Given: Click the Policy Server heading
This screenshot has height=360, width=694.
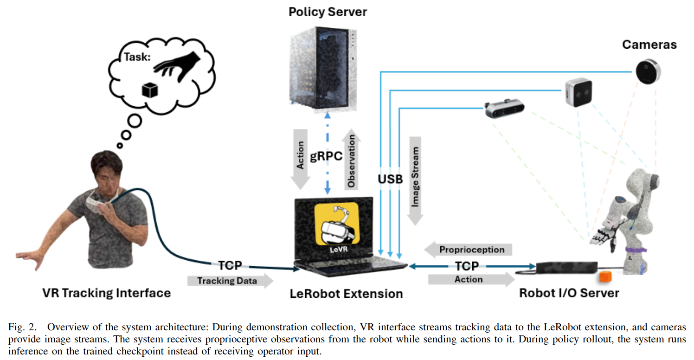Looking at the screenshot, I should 328,12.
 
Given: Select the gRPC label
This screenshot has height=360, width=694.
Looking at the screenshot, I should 326,156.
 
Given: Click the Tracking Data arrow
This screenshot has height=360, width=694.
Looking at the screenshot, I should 230,281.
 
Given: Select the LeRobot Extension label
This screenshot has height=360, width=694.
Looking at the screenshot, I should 346,294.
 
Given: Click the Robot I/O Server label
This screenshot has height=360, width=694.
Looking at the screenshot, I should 569,293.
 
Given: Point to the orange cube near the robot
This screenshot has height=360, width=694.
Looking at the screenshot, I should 605,276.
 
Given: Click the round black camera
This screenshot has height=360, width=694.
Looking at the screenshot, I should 648,72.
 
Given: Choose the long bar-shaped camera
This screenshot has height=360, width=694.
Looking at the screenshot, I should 505,109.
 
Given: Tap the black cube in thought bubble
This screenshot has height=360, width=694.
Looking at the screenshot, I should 150,90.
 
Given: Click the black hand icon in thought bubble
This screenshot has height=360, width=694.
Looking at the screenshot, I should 176,65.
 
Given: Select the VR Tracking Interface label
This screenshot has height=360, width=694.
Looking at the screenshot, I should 106,293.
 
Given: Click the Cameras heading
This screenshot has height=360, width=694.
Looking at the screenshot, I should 649,45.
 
